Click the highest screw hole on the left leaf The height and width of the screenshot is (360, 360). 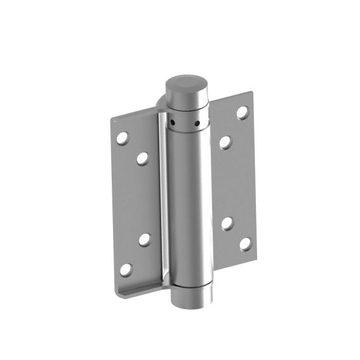click(x=123, y=137)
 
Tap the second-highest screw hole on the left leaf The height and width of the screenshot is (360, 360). click(x=143, y=158)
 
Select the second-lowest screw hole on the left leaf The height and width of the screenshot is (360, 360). click(x=145, y=239)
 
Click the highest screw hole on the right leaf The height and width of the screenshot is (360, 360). click(x=242, y=112)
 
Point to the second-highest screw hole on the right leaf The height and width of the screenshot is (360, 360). click(x=225, y=142)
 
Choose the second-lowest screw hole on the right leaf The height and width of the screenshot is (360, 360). click(x=227, y=223)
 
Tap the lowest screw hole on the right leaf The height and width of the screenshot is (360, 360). click(x=245, y=243)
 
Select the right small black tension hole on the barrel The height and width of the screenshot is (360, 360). click(x=197, y=123)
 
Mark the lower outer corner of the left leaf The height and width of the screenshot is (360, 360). click(x=118, y=293)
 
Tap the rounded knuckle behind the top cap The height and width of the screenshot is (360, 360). click(x=159, y=101)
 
